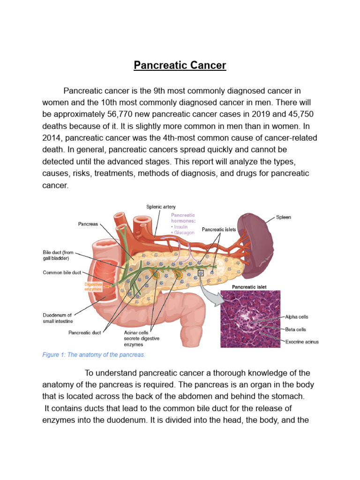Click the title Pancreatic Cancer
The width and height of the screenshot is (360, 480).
point(180,65)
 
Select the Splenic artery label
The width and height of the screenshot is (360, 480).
point(161,207)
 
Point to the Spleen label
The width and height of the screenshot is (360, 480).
point(283,217)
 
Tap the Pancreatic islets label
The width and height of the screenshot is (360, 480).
point(219,230)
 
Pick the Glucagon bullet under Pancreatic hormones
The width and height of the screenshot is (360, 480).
point(184,232)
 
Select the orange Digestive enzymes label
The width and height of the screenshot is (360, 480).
point(93,286)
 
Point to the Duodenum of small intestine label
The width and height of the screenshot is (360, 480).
point(58,318)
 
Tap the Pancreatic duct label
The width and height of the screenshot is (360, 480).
point(85,332)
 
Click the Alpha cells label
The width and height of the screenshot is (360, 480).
point(297,317)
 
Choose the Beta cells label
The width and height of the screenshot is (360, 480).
point(296,330)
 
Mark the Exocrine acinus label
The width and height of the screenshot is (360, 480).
point(302,342)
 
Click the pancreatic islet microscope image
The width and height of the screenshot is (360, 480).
point(250,319)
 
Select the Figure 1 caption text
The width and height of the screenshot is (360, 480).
point(94,355)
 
